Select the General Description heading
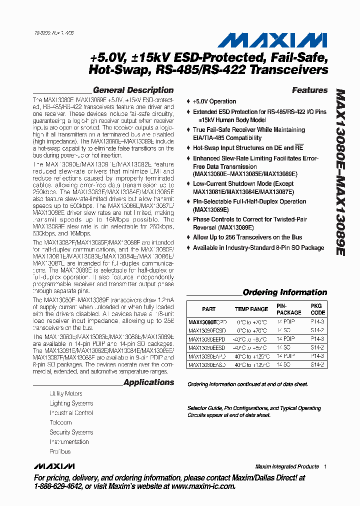coord(133,90)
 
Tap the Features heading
coord(309,90)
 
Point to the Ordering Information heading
coord(284,292)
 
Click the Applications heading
coord(148,382)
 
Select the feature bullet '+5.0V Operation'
coord(214,101)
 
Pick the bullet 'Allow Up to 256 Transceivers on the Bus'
coord(247,237)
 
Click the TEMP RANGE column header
coord(251,309)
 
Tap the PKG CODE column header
coord(317,309)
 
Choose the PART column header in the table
coord(209,309)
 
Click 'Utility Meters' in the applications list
coord(66,393)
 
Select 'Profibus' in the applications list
coord(60,451)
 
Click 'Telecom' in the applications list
coord(60,422)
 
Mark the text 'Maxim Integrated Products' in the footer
coord(286,466)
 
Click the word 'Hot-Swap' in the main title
coord(113,70)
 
